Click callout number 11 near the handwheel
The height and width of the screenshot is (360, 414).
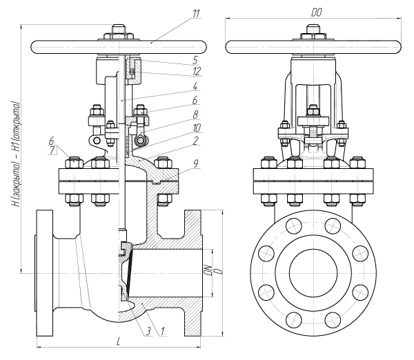[196, 14]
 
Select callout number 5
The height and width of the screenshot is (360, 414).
[195, 60]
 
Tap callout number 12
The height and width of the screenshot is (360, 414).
[197, 71]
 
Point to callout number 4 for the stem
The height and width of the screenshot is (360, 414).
[195, 86]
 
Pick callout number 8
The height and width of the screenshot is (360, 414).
[196, 114]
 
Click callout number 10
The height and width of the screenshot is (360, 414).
[197, 128]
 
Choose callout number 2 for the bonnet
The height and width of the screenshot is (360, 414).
[195, 141]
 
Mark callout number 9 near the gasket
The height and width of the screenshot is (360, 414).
[195, 164]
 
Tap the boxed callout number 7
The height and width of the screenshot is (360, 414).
[52, 150]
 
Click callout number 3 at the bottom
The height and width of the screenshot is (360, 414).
[148, 331]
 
